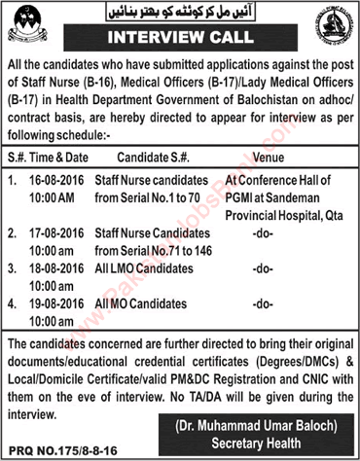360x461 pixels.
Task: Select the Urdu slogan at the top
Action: pos(182,13)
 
